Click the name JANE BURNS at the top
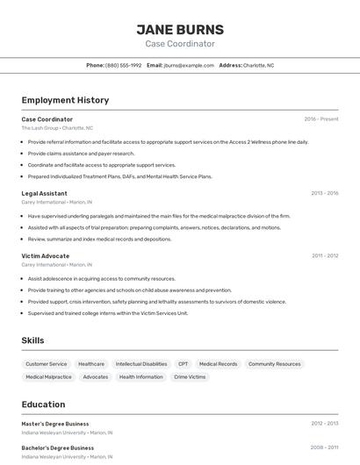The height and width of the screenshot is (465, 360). coord(180,29)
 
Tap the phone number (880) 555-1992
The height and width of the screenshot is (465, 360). coord(123,65)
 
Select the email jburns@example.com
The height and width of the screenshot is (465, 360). coord(188,65)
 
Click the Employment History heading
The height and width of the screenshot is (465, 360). coord(65,100)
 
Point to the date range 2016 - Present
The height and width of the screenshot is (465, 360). coord(321,119)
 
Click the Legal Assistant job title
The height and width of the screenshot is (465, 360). coord(44,193)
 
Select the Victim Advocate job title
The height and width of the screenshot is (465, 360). coord(46,255)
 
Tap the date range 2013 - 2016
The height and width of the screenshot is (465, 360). coord(324,193)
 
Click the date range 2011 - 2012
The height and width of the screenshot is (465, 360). coord(325,255)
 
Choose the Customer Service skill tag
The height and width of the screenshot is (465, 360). coord(47,363)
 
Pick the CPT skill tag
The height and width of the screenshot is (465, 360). coord(183,363)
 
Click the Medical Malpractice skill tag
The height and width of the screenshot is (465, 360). coord(48,376)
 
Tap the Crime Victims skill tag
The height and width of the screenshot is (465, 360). coord(190,376)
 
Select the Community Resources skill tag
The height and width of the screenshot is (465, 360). coord(274,363)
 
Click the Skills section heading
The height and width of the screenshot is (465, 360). coord(32,340)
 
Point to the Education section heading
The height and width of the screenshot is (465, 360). coord(43,404)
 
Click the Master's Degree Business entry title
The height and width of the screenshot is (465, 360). coord(55,424)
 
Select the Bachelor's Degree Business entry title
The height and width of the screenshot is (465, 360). coord(57,447)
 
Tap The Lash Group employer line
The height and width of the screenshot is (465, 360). coord(56,128)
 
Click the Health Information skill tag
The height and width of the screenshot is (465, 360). coord(140,376)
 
